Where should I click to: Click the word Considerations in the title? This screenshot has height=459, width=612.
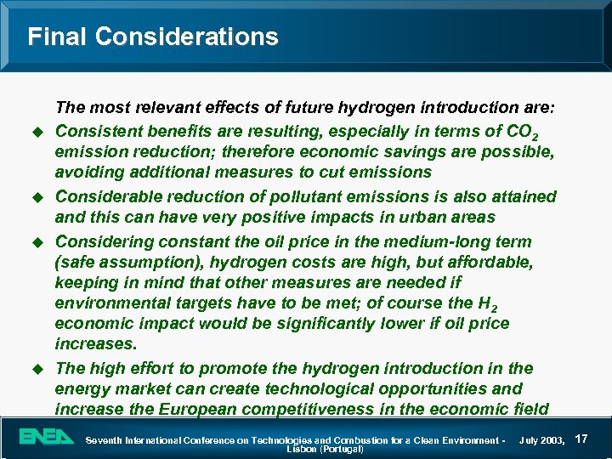(x=187, y=37)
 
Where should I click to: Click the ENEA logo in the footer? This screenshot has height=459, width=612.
(x=48, y=438)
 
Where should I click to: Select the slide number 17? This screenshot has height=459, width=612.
(x=582, y=439)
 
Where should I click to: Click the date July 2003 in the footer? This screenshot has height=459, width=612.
(x=542, y=440)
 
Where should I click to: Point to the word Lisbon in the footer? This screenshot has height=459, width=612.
(x=302, y=449)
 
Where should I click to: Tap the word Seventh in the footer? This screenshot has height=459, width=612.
(x=107, y=440)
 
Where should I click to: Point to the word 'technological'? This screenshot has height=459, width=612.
(x=312, y=388)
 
